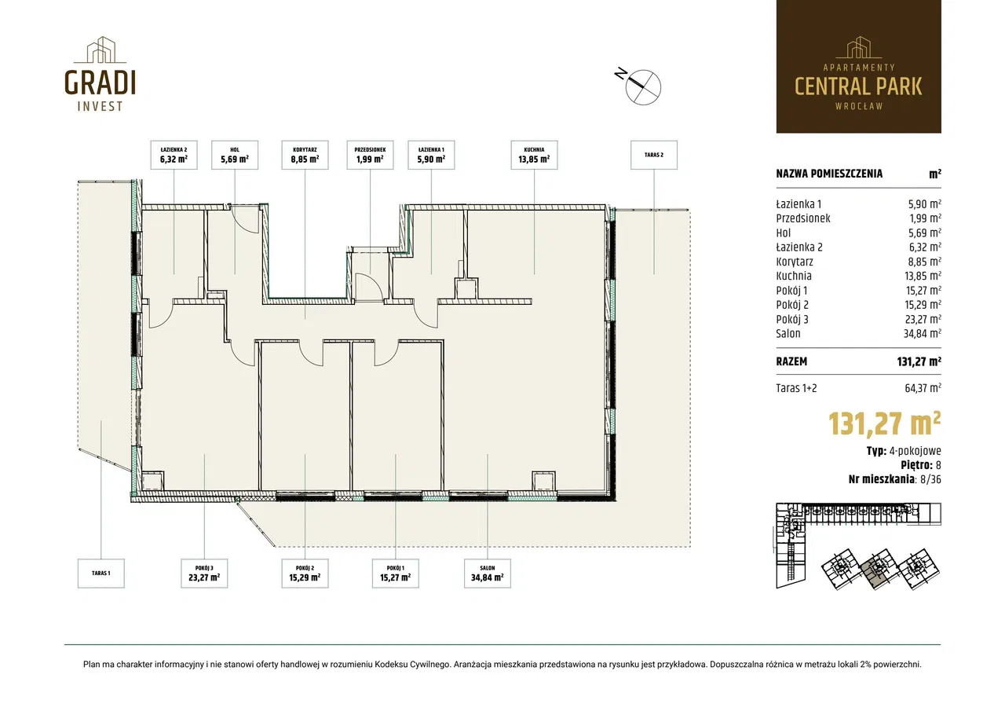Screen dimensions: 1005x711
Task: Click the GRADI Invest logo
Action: pyautogui.click(x=100, y=74)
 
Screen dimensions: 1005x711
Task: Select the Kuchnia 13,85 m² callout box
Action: pyautogui.click(x=534, y=155)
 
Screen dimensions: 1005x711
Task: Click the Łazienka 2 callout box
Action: pyautogui.click(x=174, y=155)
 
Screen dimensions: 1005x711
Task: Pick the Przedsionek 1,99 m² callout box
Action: pyautogui.click(x=370, y=155)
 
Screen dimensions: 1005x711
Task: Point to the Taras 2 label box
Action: pyautogui.click(x=654, y=155)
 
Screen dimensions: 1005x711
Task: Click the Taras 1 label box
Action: pyautogui.click(x=101, y=574)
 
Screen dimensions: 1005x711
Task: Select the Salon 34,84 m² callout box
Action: pyautogui.click(x=488, y=574)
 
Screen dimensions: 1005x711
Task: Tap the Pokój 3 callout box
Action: pyautogui.click(x=204, y=574)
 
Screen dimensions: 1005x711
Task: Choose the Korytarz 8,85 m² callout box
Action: pyautogui.click(x=305, y=155)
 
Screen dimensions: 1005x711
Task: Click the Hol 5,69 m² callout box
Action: pyautogui.click(x=235, y=155)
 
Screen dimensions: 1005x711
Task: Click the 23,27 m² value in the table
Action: pyautogui.click(x=923, y=319)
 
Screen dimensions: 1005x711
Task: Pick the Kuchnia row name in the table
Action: pyautogui.click(x=794, y=276)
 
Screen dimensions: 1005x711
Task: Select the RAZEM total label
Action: pyautogui.click(x=791, y=361)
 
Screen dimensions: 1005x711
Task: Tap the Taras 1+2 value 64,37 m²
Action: pyautogui.click(x=923, y=388)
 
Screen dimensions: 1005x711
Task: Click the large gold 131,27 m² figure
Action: pyautogui.click(x=884, y=423)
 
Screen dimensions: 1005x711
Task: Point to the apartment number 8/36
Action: pyautogui.click(x=930, y=479)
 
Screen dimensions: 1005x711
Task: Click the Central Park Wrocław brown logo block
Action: pyautogui.click(x=859, y=67)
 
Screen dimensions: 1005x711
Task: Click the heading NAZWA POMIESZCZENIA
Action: pyautogui.click(x=829, y=174)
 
